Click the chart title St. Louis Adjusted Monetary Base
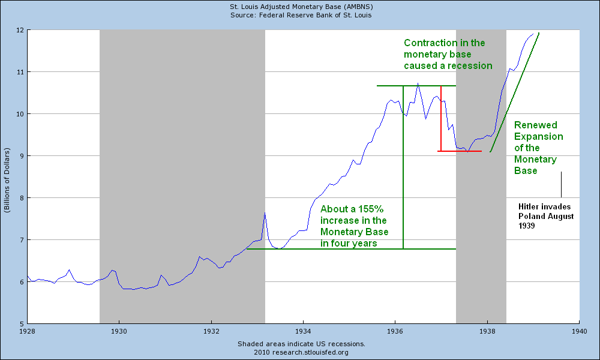click(x=301, y=6)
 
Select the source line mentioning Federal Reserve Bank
click(x=301, y=14)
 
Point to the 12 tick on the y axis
click(x=19, y=30)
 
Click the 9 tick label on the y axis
click(x=21, y=156)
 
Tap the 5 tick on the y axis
click(x=21, y=324)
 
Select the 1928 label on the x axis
click(x=27, y=331)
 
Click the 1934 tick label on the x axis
click(x=303, y=331)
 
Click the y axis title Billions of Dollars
click(x=7, y=176)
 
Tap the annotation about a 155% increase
click(x=354, y=226)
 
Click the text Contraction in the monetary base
click(x=448, y=54)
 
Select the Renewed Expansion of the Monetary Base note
click(x=538, y=148)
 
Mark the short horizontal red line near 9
click(x=460, y=151)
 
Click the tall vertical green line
click(x=403, y=168)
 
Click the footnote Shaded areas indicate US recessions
click(x=301, y=344)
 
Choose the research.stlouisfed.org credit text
click(x=301, y=352)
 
